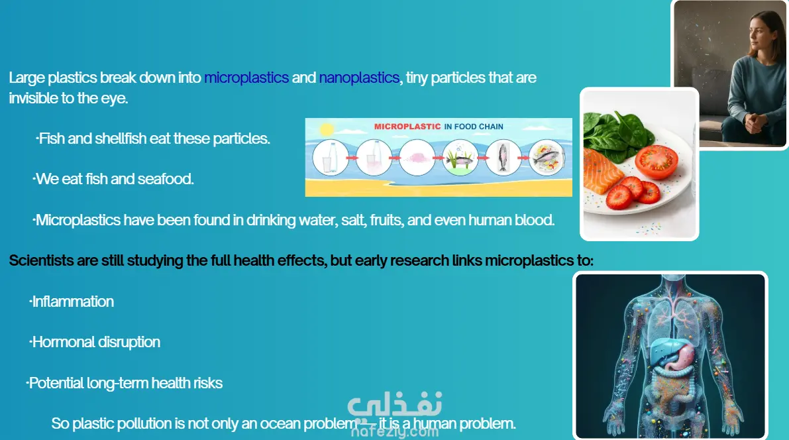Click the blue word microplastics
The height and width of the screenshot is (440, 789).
246,78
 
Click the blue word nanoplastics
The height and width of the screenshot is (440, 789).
359,78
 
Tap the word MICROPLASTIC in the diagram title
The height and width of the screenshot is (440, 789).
407,127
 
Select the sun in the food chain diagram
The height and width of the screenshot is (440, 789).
327,130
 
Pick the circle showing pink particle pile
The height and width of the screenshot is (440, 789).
417,158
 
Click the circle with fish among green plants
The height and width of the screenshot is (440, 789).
460,158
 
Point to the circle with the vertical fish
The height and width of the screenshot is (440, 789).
503,158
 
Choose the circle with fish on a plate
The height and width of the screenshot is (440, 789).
547,158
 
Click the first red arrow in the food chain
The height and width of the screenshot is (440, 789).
352,158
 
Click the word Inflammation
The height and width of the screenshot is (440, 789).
73,302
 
